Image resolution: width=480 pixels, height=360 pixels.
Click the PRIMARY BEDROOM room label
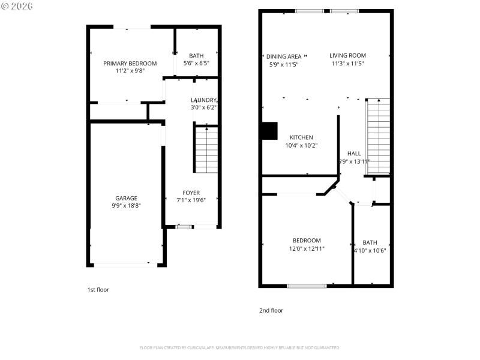pos(130,64)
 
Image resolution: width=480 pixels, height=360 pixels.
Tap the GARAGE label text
pos(126,198)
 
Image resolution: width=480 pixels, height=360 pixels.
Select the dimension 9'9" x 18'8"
pos(126,206)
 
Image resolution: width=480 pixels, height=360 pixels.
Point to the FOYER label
pos(191,193)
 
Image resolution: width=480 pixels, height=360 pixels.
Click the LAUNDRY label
pos(203,100)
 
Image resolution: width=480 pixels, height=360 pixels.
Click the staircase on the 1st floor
pos(206,149)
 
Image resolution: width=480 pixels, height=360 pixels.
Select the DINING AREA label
pos(284,56)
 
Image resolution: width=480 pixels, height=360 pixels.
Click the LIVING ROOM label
pos(347,56)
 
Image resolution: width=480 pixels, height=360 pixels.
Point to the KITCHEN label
pos(301,137)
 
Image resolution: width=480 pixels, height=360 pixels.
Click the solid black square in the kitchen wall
pos(270,131)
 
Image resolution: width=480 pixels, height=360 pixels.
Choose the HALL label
pos(354,154)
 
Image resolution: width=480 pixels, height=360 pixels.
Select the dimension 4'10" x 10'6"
pos(370,251)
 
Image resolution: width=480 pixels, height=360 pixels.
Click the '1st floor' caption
pos(98,290)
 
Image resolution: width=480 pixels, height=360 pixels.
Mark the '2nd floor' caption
pos(271,311)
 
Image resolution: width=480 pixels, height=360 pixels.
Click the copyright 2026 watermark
pos(17,5)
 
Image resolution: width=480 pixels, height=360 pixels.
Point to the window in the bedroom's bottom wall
pos(307,286)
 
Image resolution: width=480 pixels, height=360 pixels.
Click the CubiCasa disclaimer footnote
pos(240,348)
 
